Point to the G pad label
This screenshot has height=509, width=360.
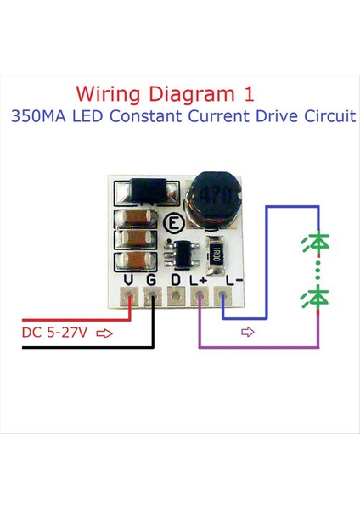click(152, 279)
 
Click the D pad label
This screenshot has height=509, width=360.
click(176, 279)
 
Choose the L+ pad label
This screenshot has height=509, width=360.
click(199, 279)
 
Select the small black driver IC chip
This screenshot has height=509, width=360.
click(181, 252)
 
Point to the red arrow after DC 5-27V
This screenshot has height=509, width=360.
click(105, 333)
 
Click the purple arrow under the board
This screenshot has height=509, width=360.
click(248, 333)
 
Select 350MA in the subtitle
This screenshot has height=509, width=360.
click(39, 116)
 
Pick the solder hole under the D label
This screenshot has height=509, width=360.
click(176, 297)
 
